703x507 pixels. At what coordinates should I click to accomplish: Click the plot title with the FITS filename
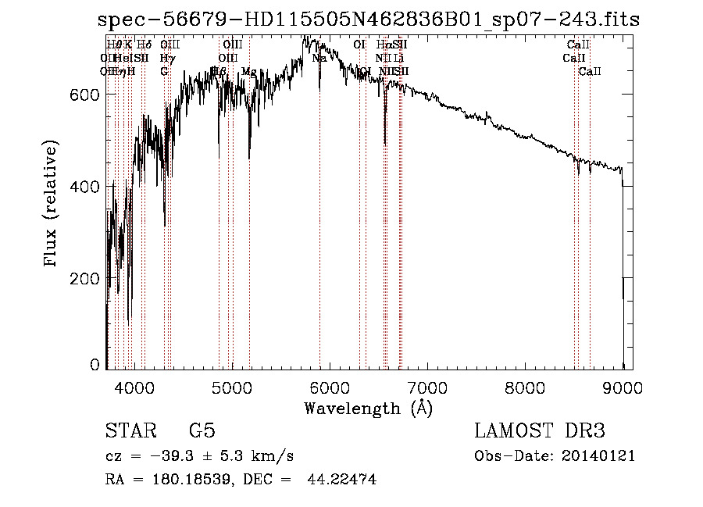pos(369,20)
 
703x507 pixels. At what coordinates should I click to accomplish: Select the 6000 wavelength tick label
pos(330,385)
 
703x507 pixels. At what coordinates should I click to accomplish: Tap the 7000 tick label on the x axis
pos(427,385)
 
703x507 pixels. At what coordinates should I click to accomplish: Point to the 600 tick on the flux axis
pos(87,95)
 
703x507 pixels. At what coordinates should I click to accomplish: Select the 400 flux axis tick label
pos(87,187)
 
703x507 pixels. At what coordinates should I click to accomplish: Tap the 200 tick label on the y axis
pos(87,279)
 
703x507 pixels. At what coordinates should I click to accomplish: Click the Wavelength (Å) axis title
pos(368,408)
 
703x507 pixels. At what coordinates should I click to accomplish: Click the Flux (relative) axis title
pos(52,205)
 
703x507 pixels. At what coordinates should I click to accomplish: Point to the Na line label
pos(319,58)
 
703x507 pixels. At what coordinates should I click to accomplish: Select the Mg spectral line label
pos(248,72)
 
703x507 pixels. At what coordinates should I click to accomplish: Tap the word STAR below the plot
pos(130,431)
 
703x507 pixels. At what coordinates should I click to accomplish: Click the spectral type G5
pos(202,431)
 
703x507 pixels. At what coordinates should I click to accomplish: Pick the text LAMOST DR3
pos(540,431)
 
